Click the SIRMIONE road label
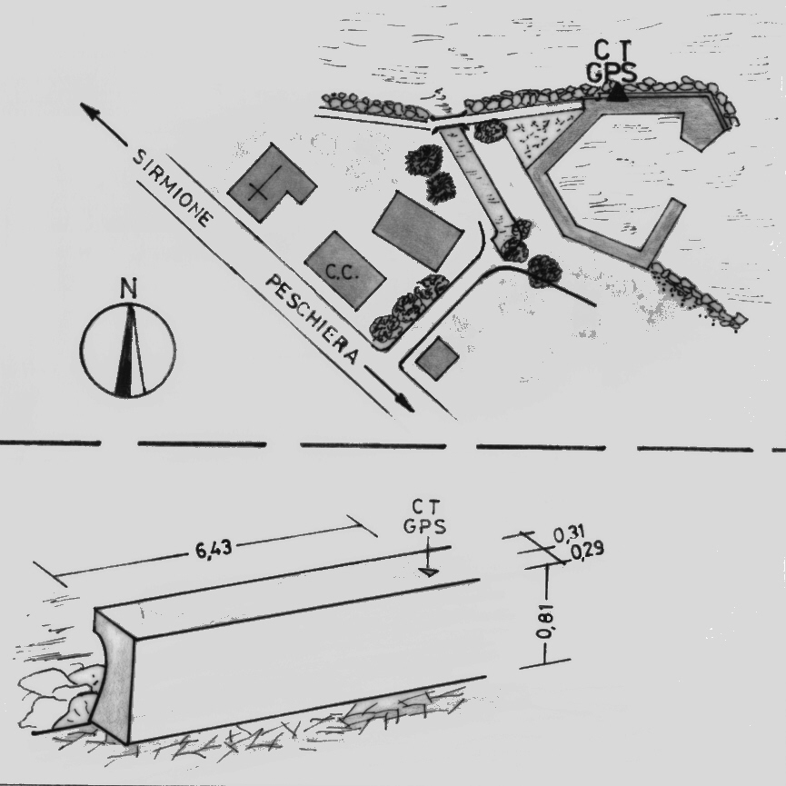point(172,188)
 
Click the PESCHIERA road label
point(312,319)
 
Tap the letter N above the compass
point(129,289)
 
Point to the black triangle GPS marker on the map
point(617,94)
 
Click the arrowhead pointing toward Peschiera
point(405,403)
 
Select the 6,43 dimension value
point(214,549)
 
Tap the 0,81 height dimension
point(544,622)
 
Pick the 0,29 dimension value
point(587,550)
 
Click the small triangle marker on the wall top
point(429,572)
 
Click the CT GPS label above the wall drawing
point(424,516)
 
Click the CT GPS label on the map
point(612,62)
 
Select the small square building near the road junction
point(438,358)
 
